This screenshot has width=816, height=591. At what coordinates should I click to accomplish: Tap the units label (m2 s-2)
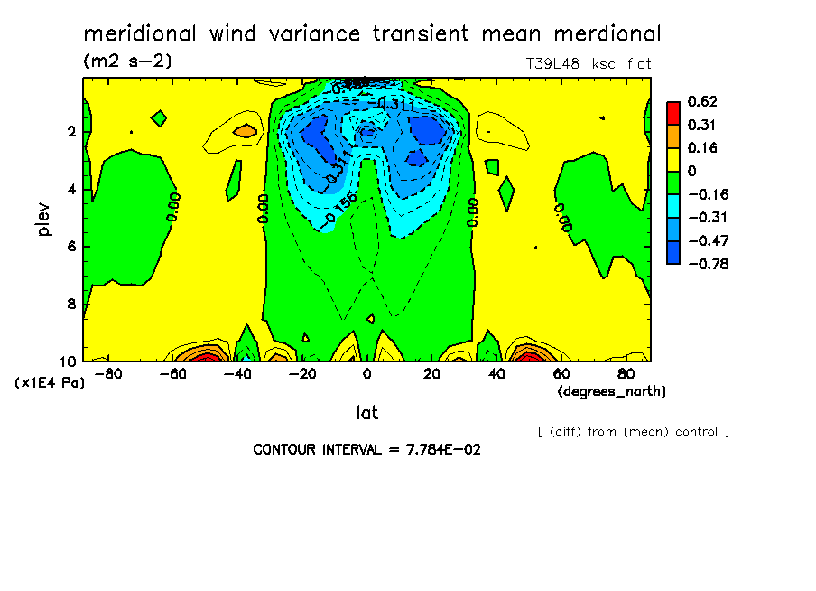(x=126, y=61)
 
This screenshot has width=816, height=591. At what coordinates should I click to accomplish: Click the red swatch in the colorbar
(x=672, y=113)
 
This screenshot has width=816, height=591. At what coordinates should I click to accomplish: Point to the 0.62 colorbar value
(x=700, y=101)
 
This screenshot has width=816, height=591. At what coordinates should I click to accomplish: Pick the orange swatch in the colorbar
(x=672, y=136)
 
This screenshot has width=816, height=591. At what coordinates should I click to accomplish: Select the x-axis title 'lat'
(x=366, y=413)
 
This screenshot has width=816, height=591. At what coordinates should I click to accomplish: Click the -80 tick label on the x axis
(x=107, y=374)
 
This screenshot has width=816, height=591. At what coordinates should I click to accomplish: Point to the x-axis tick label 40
(x=496, y=374)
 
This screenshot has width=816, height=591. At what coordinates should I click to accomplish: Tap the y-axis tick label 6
(x=71, y=247)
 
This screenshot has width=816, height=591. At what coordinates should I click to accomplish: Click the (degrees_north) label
(x=611, y=391)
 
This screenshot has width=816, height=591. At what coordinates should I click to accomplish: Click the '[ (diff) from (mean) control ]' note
(x=633, y=431)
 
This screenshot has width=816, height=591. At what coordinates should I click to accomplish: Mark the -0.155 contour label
(x=341, y=207)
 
